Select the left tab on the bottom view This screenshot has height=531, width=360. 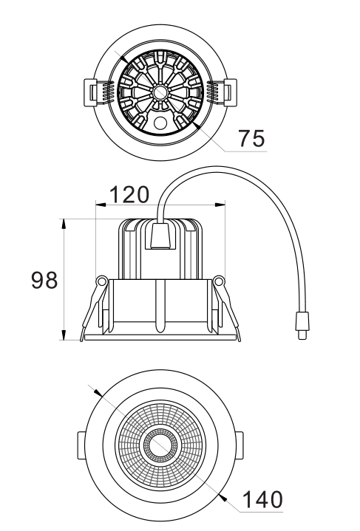pyautogui.click(x=82, y=445)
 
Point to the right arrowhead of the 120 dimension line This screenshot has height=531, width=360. pyautogui.click(x=222, y=202)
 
